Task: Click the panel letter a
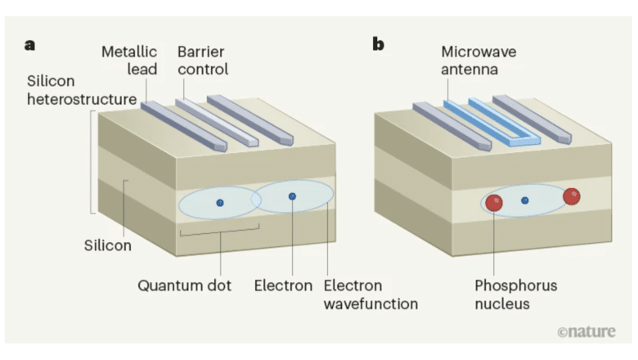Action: point(30,45)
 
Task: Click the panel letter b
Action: point(378,45)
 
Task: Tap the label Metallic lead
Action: point(129,61)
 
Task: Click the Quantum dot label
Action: point(184,286)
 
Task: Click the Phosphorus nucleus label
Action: point(515,295)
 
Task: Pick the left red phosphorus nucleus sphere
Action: point(494,203)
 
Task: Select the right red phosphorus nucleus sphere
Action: point(572,196)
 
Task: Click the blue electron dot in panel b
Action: point(525,200)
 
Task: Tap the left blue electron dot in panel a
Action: point(219,203)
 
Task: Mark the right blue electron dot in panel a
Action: point(292,196)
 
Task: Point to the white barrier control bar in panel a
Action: point(217,123)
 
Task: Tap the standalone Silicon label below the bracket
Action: point(108,245)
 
